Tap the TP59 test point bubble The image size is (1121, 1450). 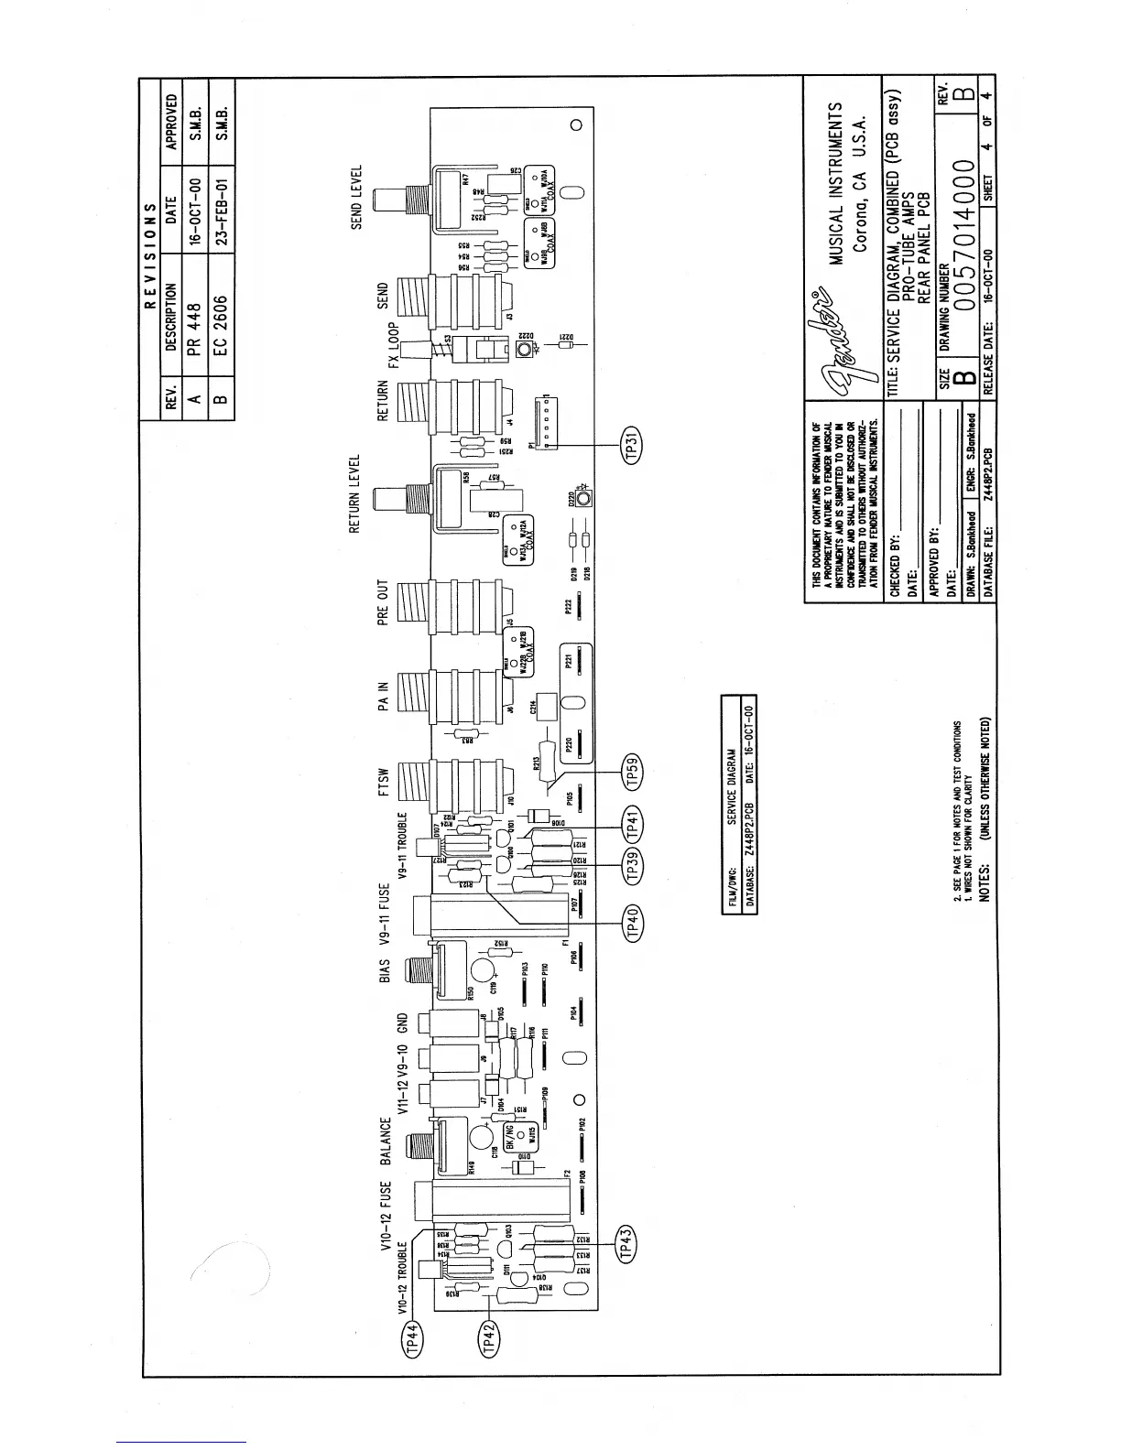pyautogui.click(x=633, y=772)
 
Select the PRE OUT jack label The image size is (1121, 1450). pyautogui.click(x=384, y=602)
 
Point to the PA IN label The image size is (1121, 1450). pyautogui.click(x=384, y=696)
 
